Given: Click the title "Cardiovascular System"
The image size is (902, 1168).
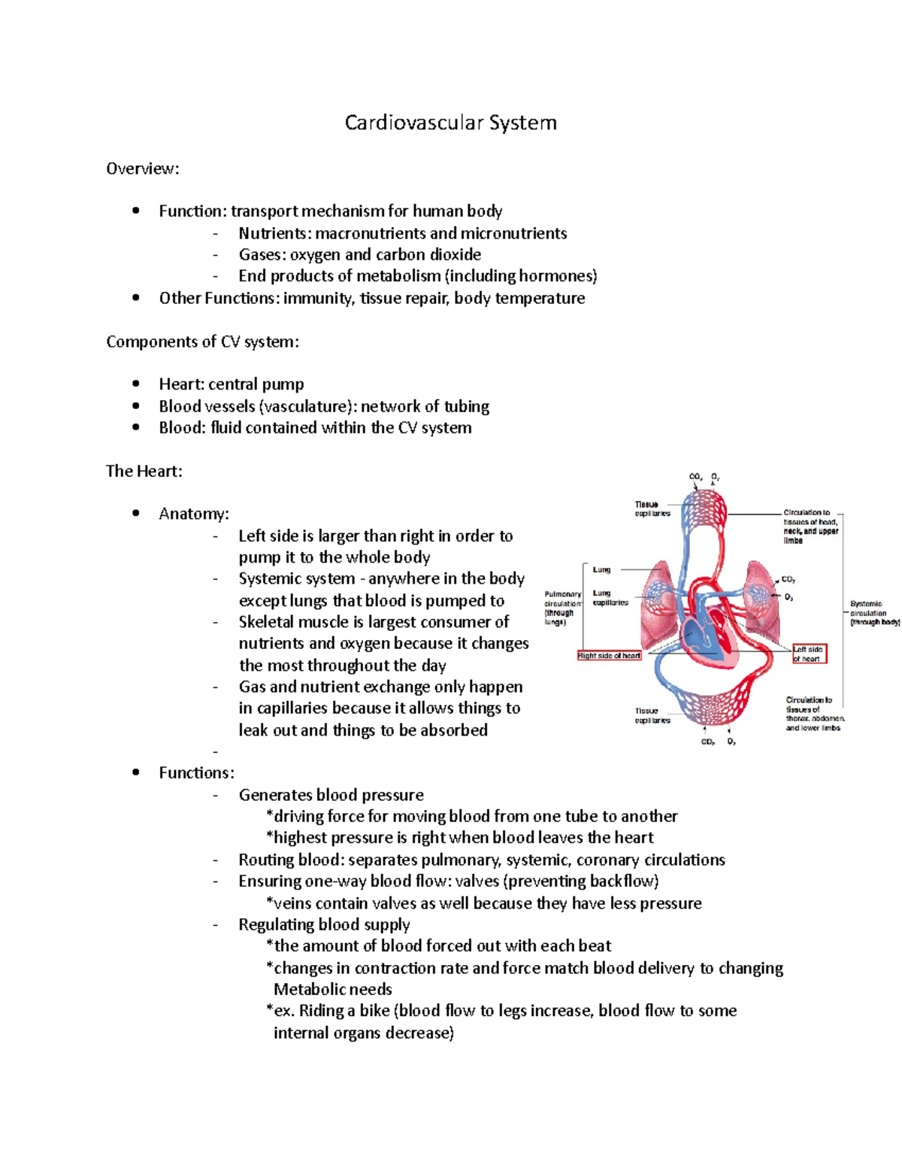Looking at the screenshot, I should [x=450, y=123].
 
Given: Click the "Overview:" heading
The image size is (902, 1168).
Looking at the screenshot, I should [x=143, y=168].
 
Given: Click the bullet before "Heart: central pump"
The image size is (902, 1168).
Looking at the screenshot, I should [x=136, y=384].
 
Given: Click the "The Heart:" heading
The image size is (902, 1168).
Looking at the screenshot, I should [x=144, y=471].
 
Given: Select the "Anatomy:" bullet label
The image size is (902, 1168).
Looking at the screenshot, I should [x=194, y=514].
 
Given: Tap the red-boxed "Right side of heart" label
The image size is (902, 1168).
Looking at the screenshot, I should [x=609, y=656].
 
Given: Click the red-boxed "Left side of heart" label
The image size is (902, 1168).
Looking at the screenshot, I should [x=809, y=654].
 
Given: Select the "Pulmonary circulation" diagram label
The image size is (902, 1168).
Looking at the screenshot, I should [x=562, y=608].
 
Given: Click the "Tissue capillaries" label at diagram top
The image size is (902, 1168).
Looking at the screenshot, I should [x=651, y=509].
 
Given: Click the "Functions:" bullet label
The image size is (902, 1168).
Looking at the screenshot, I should [x=196, y=772].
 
